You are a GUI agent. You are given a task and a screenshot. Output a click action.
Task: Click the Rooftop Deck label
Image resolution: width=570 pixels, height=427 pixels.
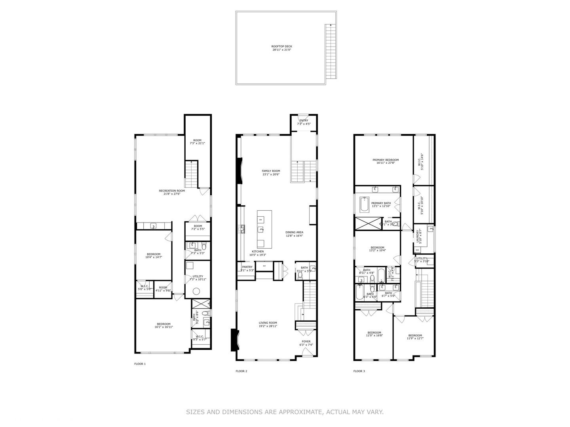coord(282,48)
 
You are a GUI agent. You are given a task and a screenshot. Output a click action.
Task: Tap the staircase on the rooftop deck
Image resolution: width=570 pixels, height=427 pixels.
coord(330,51)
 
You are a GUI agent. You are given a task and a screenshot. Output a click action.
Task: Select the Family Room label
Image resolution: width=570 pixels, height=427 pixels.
coord(271,172)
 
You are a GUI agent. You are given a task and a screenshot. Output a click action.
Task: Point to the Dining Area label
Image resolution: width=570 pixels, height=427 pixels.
coord(294,234)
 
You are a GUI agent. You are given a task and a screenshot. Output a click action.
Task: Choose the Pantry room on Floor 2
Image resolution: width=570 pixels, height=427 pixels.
coord(247,268)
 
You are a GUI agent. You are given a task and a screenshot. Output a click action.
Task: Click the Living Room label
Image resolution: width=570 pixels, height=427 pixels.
coord(268,324)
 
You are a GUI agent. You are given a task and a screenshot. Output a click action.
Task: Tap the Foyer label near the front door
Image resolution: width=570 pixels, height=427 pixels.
coord(306,343)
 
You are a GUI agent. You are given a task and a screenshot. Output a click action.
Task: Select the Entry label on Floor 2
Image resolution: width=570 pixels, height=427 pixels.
coord(304,122)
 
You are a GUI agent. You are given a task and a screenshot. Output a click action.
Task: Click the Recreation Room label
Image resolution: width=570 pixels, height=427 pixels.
coord(172,192)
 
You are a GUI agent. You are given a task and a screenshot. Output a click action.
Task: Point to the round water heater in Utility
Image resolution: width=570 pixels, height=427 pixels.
coord(197,292)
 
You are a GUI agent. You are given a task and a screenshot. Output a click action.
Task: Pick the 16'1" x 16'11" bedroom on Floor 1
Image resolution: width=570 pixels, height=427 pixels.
coord(163,325)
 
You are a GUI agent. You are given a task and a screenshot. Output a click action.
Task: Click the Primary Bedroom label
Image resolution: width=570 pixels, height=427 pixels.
coord(386,161)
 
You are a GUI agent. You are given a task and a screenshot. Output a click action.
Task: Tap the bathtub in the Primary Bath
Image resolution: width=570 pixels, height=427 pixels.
coord(364,204)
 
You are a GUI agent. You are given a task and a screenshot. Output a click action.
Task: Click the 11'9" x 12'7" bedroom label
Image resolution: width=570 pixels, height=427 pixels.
coord(415,337)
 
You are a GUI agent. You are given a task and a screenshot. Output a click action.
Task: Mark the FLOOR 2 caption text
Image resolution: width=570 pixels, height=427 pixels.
coord(241,371)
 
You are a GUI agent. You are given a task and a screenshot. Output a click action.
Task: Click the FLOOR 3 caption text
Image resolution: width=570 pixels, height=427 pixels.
coord(359,371)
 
